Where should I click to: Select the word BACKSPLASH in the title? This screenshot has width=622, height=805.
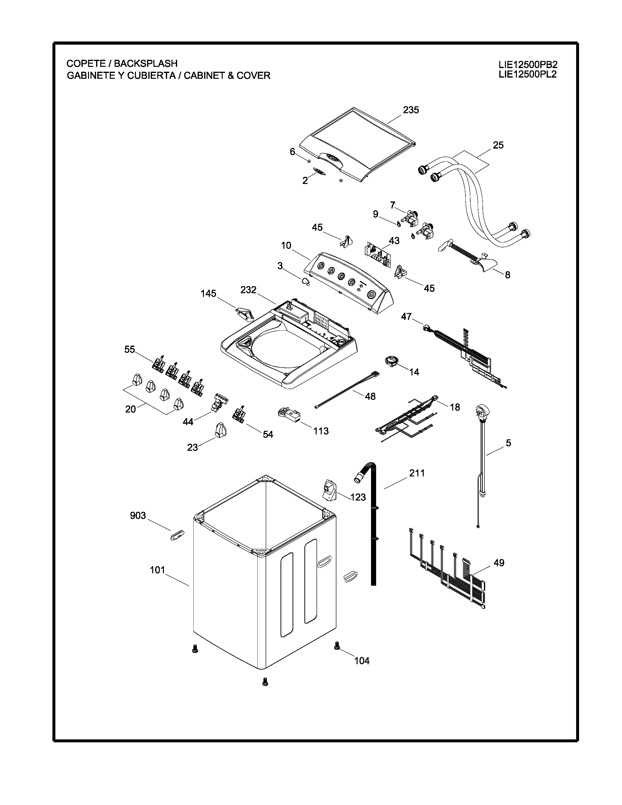point(146,63)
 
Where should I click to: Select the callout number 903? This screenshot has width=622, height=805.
point(138,515)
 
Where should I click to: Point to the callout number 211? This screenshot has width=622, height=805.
point(417,473)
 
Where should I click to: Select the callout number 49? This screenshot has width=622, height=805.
point(499,563)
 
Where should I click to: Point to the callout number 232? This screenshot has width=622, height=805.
point(248,290)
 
